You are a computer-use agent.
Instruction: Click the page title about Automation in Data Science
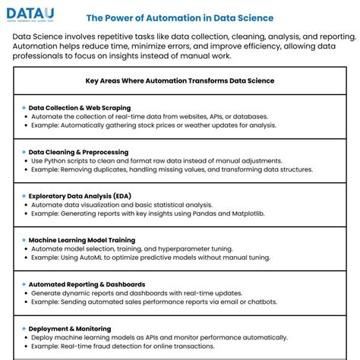click(x=180, y=17)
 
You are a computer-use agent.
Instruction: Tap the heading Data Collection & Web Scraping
click(x=80, y=108)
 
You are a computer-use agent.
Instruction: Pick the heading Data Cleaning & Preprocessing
click(x=79, y=152)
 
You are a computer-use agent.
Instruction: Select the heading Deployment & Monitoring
click(x=69, y=328)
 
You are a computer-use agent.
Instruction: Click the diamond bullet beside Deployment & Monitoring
click(x=24, y=328)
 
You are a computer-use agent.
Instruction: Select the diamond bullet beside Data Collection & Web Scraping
click(x=24, y=108)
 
